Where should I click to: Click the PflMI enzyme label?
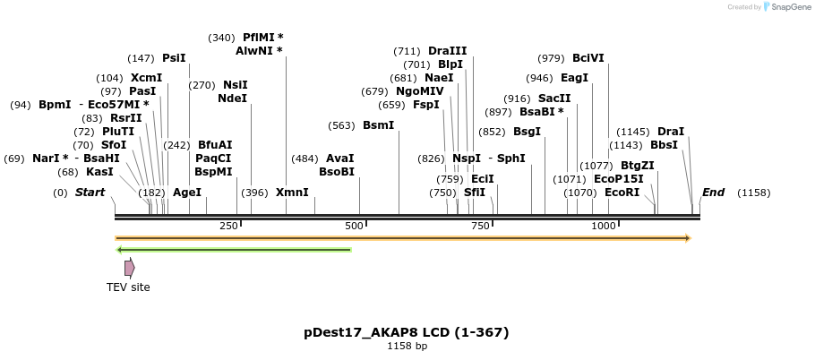258,38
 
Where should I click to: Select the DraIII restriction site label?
447,51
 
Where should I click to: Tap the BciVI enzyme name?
588,58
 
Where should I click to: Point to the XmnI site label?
292,193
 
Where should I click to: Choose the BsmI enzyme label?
378,125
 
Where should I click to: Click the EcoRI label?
622,193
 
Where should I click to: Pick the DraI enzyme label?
670,132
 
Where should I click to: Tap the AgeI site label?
187,193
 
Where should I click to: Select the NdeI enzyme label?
232,99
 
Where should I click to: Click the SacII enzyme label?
554,99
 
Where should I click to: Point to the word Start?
90,193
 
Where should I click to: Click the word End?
713,193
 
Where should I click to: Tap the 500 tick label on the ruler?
355,227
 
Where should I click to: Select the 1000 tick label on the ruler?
603,227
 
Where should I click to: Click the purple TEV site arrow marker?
130,268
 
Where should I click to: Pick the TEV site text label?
128,287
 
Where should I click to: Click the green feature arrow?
234,250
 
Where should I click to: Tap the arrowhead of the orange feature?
688,238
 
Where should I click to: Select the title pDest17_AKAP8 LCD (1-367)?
407,332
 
